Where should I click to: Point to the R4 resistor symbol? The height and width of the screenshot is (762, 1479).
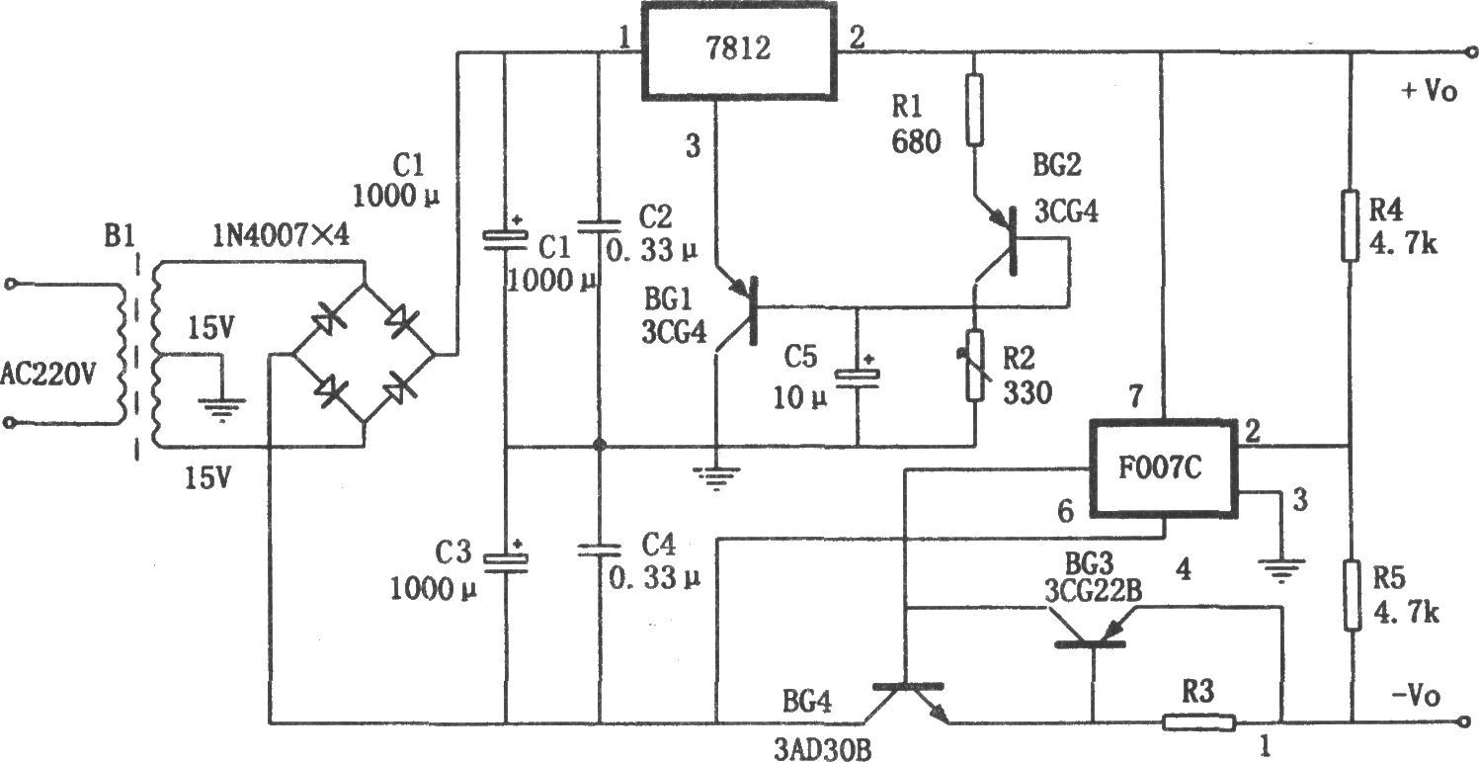tap(1351, 226)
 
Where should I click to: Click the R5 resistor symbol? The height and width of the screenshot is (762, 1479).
tap(1351, 594)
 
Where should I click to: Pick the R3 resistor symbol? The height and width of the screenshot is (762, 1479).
tap(1197, 722)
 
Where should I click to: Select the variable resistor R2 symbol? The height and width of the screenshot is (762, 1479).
tap(975, 366)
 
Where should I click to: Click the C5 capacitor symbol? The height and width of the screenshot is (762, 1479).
tap(857, 376)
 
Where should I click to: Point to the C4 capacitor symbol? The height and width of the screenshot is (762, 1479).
tap(599, 549)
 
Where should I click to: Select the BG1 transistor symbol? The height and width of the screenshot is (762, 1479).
tap(741, 314)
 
